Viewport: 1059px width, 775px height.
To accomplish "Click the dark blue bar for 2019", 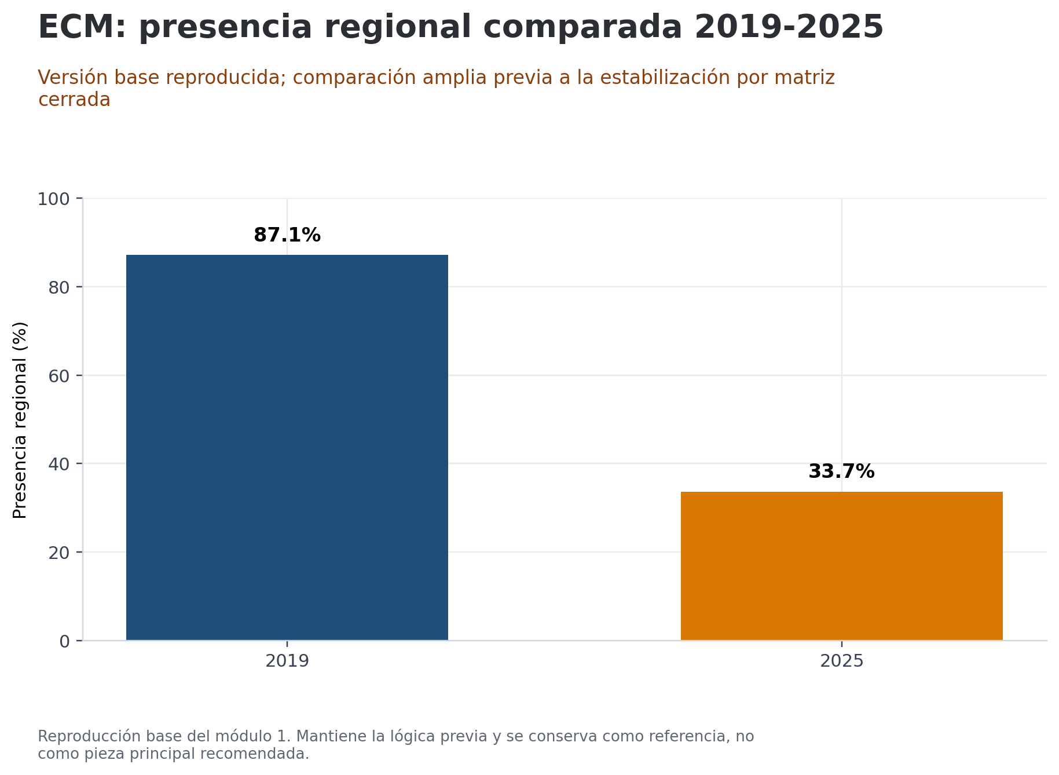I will [x=287, y=447].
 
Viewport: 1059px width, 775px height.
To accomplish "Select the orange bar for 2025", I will [x=841, y=566].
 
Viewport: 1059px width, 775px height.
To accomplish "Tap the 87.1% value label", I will [x=287, y=235].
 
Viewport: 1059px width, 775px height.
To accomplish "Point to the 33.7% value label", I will [x=841, y=471].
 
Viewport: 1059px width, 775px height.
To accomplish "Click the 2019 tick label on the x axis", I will [x=287, y=661].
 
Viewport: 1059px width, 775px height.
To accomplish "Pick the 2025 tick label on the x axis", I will [x=841, y=661].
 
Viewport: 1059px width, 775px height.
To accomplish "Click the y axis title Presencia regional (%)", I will [x=20, y=420].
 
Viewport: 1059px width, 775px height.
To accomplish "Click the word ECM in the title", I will [x=80, y=27].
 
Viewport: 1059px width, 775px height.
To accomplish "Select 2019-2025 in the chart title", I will [x=789, y=27].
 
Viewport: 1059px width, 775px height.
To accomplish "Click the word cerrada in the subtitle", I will [x=74, y=100].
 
